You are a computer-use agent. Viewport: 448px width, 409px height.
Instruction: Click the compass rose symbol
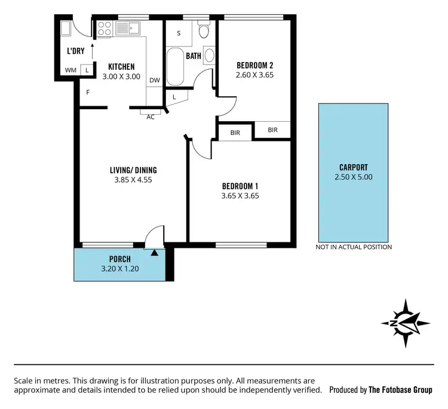406,323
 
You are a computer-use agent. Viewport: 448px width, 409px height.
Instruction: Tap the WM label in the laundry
70,70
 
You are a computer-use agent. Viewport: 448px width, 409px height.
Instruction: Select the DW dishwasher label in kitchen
155,80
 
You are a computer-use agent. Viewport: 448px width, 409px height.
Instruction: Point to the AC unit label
151,117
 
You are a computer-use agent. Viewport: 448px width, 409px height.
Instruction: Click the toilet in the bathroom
204,31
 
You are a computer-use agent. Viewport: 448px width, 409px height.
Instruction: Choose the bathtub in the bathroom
176,67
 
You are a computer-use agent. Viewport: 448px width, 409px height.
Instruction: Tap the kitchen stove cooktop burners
105,28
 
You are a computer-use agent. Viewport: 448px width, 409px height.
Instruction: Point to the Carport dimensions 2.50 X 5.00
352,177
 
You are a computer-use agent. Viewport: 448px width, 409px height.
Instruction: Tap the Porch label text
120,259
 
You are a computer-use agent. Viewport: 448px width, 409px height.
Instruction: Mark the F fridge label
88,93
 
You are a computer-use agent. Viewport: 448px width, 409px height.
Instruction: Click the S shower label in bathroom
179,33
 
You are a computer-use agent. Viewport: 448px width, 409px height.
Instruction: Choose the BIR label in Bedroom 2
272,130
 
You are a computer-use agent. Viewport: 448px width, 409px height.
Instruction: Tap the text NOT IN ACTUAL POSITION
354,247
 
